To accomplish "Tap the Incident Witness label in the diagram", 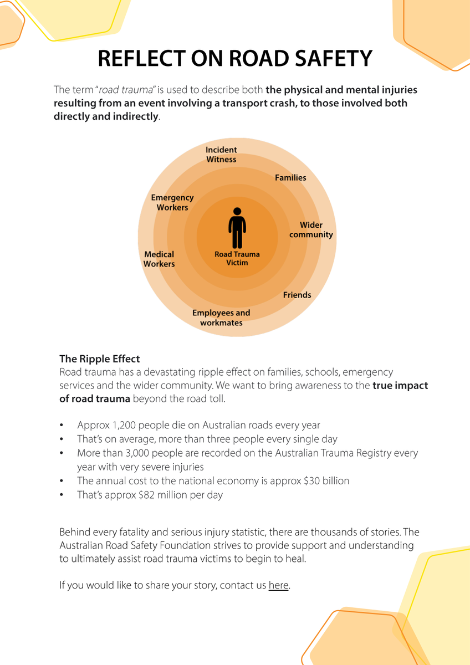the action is (221, 155).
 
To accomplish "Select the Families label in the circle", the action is (290, 177).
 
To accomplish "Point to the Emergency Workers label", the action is (172, 202).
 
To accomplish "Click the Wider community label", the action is (311, 229).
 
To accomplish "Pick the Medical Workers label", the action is (159, 259).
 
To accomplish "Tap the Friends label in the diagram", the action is (297, 295).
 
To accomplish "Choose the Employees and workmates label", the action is (221, 318).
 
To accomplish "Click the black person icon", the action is (237, 228).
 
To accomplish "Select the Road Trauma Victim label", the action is (237, 258).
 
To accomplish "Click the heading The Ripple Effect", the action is (99, 359).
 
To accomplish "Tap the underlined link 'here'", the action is (278, 585).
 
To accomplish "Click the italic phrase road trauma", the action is (125, 90).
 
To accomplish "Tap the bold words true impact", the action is (400, 385).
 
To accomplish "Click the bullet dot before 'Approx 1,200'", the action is (62, 425).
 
